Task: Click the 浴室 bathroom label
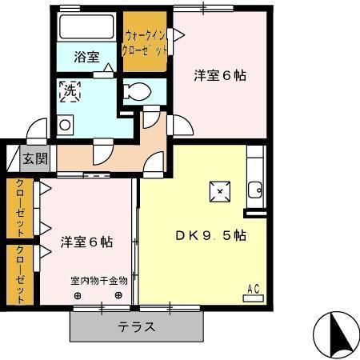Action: click(x=86, y=58)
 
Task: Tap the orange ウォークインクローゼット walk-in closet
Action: click(x=146, y=42)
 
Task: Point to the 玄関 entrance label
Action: click(x=34, y=158)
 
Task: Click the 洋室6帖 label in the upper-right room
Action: click(x=219, y=76)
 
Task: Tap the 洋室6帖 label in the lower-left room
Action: click(x=86, y=242)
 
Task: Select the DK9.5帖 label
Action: click(x=210, y=236)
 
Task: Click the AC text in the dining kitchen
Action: click(x=254, y=288)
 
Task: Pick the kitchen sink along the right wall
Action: click(x=255, y=190)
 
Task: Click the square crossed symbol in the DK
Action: click(x=219, y=190)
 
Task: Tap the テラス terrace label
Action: click(x=137, y=326)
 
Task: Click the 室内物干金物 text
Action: click(x=98, y=281)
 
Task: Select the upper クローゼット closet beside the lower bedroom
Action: click(x=20, y=207)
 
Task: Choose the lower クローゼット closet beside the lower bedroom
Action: click(x=20, y=274)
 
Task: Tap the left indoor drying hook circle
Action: click(x=78, y=294)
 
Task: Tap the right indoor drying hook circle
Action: click(x=118, y=294)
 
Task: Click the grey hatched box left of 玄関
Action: click(x=11, y=158)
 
